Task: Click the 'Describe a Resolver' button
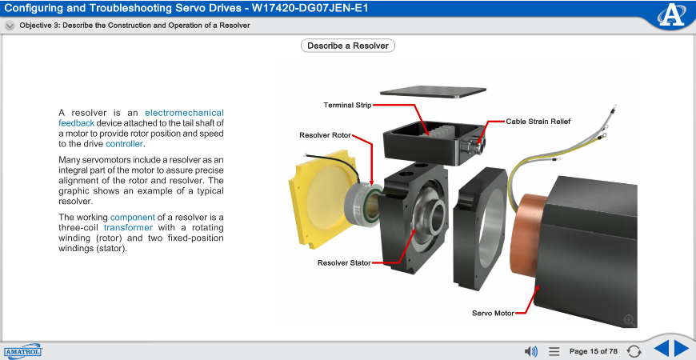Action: [348, 46]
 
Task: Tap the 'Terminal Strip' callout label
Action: [347, 105]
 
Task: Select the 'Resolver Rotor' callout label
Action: [325, 134]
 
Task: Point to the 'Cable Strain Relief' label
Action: [538, 122]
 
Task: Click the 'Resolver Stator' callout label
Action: [344, 262]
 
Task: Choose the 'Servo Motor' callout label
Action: [493, 313]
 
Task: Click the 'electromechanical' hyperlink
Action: [184, 113]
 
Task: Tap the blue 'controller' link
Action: [124, 144]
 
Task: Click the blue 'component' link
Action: [132, 217]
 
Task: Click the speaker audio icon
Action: [530, 351]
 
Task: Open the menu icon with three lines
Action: [554, 351]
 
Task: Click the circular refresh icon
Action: [634, 351]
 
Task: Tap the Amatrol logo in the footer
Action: [22, 351]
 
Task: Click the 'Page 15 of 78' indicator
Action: [593, 351]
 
